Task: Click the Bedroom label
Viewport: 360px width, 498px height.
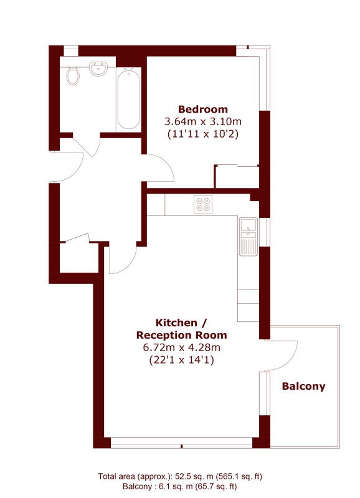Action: coord(202,110)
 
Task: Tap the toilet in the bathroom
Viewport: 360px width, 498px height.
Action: coord(73,75)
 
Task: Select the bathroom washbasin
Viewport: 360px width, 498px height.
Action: coord(98,68)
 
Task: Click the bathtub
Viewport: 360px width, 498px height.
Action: coord(128,99)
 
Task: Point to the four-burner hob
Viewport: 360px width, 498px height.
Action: coord(203,205)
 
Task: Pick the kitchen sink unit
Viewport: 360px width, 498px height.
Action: coord(248,237)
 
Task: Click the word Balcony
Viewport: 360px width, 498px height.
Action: coord(303,387)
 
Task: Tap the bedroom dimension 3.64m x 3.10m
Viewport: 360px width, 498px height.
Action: coord(202,121)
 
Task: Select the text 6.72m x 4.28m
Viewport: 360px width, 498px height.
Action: coord(181,347)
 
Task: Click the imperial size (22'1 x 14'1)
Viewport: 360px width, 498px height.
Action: coord(181,360)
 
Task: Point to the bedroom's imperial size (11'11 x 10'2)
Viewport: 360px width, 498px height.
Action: coord(202,134)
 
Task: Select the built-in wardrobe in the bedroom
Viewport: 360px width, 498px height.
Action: coord(237,177)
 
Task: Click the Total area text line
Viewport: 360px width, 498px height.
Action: coord(180,476)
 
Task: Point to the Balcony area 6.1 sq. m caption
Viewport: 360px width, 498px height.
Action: coord(180,487)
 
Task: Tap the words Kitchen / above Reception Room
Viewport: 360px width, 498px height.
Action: coord(181,323)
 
